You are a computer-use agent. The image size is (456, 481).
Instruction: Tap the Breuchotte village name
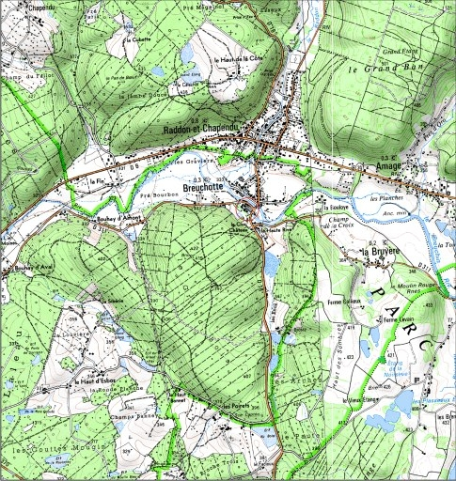point(216,186)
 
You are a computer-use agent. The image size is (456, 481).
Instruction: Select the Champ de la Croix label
point(345,224)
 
